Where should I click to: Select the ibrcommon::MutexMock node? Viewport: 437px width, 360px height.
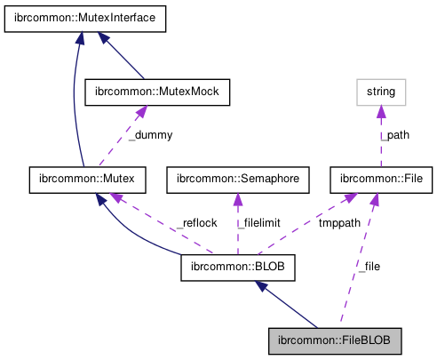[x=156, y=91]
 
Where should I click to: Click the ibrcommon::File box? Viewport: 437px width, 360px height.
[x=381, y=179]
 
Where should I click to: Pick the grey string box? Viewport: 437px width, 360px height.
[x=381, y=91]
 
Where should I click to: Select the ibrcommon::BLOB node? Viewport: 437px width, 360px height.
[x=237, y=266]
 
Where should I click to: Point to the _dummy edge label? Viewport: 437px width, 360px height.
[x=151, y=135]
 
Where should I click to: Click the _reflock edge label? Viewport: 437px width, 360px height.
[x=196, y=223]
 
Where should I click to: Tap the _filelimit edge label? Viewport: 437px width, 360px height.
[x=258, y=223]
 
